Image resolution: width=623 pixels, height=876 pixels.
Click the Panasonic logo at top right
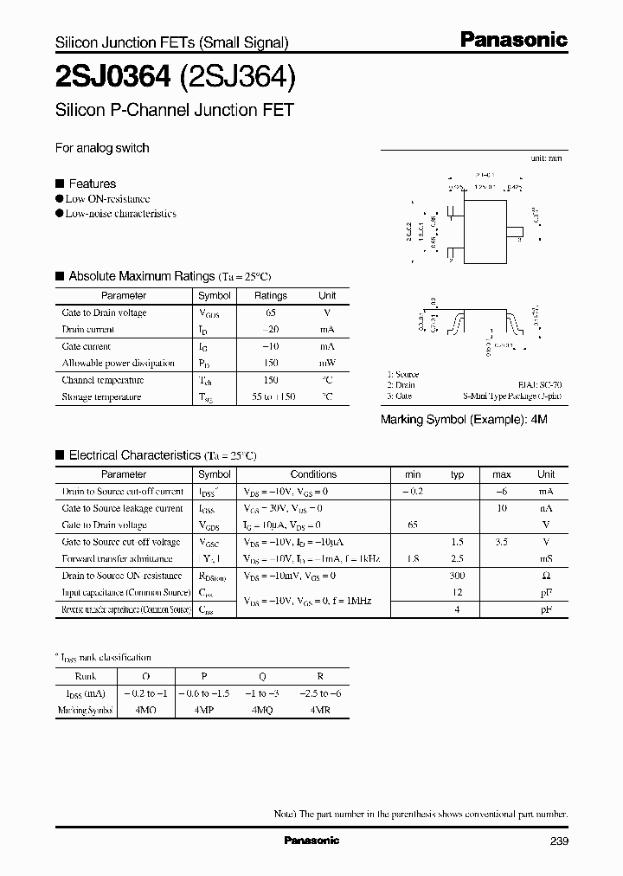[512, 40]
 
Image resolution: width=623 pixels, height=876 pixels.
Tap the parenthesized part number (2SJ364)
[238, 79]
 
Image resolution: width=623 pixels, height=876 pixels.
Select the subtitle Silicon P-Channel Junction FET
[175, 111]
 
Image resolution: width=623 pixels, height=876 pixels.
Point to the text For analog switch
[102, 148]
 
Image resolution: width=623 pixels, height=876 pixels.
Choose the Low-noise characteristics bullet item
[120, 213]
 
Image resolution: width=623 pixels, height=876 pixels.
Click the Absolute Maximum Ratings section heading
[141, 276]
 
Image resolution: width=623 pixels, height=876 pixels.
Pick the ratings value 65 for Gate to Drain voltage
[270, 312]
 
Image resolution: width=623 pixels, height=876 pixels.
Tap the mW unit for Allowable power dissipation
[327, 363]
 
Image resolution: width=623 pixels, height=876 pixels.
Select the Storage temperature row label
[100, 396]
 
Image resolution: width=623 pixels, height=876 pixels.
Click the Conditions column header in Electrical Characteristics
[313, 474]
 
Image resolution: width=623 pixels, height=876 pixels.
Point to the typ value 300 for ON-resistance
[458, 576]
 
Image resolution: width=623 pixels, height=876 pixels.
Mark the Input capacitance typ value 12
[458, 592]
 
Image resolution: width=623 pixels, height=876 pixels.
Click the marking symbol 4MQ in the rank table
[262, 710]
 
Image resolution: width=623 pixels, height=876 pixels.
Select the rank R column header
[320, 676]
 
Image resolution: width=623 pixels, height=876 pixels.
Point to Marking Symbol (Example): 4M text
[465, 419]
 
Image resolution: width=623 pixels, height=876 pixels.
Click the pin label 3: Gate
[400, 396]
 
